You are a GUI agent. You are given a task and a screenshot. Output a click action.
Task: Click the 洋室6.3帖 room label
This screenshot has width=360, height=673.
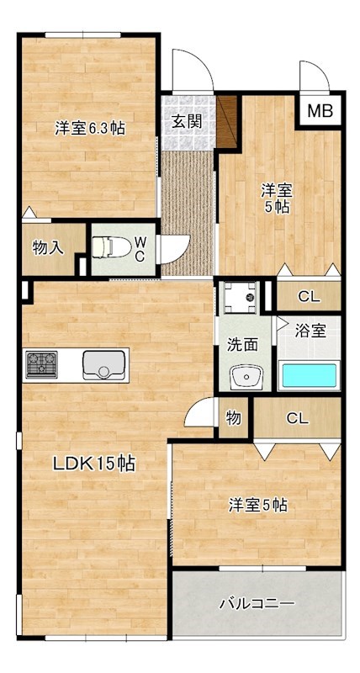[90, 129]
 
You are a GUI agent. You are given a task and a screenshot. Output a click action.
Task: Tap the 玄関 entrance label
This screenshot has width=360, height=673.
[187, 120]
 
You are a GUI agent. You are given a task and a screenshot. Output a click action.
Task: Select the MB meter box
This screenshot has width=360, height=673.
[319, 110]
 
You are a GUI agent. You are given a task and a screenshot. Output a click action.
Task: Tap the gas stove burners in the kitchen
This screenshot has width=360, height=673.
[40, 365]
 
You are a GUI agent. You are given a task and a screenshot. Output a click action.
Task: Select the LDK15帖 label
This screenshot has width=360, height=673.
[94, 463]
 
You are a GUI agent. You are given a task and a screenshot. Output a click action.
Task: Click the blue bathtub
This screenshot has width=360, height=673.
[309, 375]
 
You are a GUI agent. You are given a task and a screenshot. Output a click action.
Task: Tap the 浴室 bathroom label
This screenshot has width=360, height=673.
[311, 331]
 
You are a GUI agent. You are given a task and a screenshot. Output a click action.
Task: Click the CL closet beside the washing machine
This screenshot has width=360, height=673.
[309, 296]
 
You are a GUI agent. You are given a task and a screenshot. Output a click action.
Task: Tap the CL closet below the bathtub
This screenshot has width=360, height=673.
[296, 418]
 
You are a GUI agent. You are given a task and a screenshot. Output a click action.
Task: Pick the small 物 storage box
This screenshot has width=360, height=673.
[233, 418]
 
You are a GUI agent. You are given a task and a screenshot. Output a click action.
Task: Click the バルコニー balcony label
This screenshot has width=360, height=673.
[257, 603]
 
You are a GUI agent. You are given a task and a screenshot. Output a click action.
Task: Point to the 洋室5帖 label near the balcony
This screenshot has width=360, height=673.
[259, 506]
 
